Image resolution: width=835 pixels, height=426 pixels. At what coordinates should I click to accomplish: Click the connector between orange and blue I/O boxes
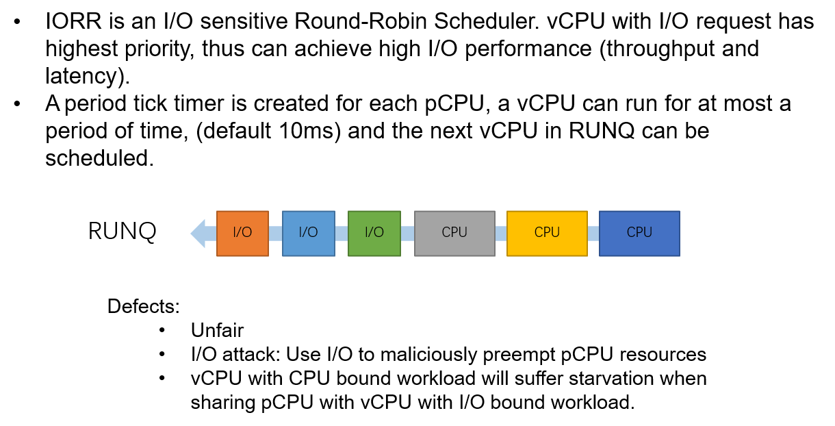click(275, 234)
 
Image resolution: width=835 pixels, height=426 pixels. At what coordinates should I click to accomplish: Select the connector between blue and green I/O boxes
click(342, 234)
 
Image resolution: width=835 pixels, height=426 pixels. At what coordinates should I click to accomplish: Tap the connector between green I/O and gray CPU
click(407, 234)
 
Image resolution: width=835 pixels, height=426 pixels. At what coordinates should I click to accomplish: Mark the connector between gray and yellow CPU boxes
click(501, 234)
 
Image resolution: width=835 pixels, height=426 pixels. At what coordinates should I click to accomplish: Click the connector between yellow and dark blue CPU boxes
click(593, 234)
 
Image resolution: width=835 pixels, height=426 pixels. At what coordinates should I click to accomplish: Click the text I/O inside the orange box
click(242, 232)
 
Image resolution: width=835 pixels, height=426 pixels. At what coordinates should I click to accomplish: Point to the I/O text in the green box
click(374, 232)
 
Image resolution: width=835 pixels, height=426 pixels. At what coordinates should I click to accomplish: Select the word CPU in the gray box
click(454, 232)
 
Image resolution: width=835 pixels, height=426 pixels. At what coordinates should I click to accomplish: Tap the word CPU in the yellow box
click(547, 232)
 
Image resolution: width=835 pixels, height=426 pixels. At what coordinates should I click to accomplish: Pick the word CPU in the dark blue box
click(639, 232)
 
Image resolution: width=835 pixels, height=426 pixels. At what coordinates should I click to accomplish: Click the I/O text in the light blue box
click(308, 232)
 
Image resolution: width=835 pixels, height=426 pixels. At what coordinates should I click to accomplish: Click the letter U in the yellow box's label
click(555, 232)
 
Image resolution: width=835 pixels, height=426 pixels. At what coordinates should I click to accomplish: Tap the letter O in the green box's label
click(378, 232)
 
